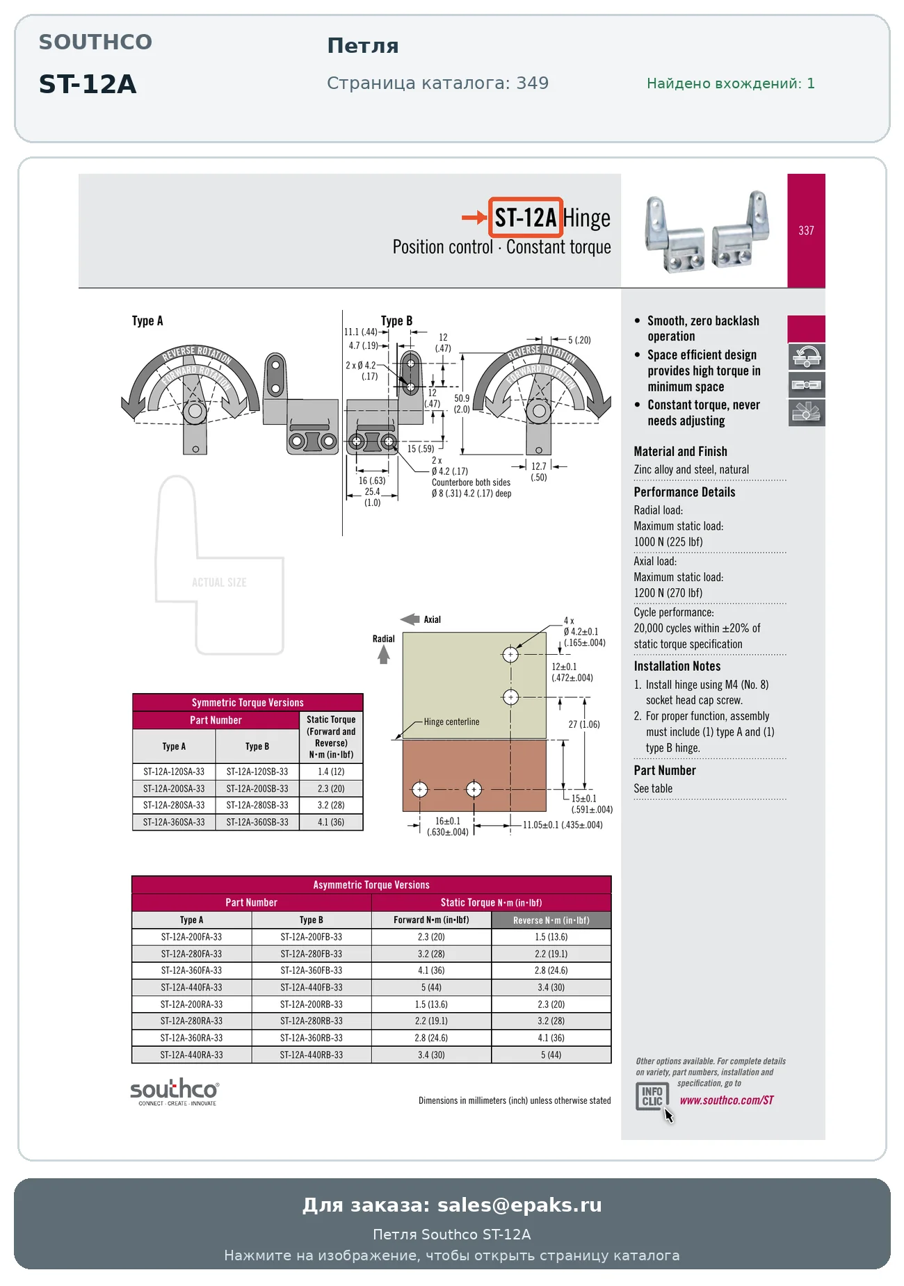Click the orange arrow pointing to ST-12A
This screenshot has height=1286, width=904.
(x=474, y=218)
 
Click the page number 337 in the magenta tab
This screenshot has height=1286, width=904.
(x=806, y=231)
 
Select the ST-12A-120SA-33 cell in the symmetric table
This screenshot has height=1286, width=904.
(x=174, y=772)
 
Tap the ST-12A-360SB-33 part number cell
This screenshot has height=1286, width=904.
(x=257, y=822)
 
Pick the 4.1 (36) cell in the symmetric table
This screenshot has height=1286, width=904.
(x=331, y=822)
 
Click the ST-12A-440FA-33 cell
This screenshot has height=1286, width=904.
(x=191, y=987)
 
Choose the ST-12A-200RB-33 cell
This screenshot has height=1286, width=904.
(x=312, y=1004)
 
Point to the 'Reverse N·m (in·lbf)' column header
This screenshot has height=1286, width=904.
(x=551, y=920)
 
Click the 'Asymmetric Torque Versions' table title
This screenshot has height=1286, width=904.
(x=371, y=885)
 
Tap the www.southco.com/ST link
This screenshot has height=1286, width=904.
(x=727, y=1100)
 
